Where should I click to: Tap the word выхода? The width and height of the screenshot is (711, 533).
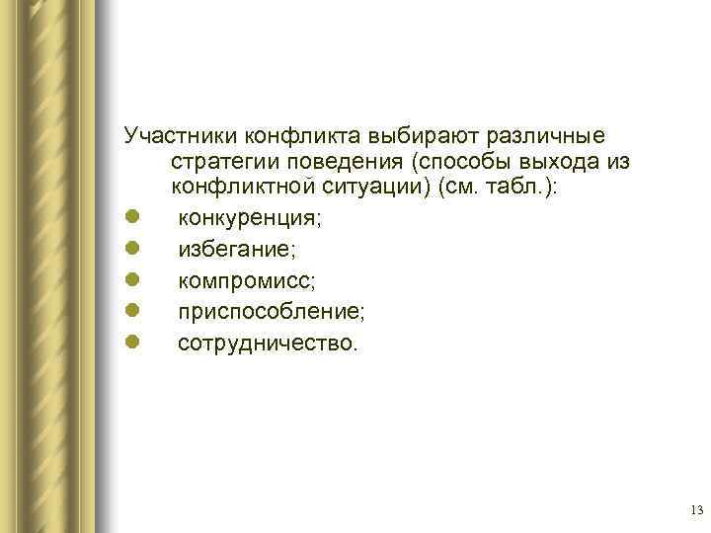[x=564, y=160]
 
